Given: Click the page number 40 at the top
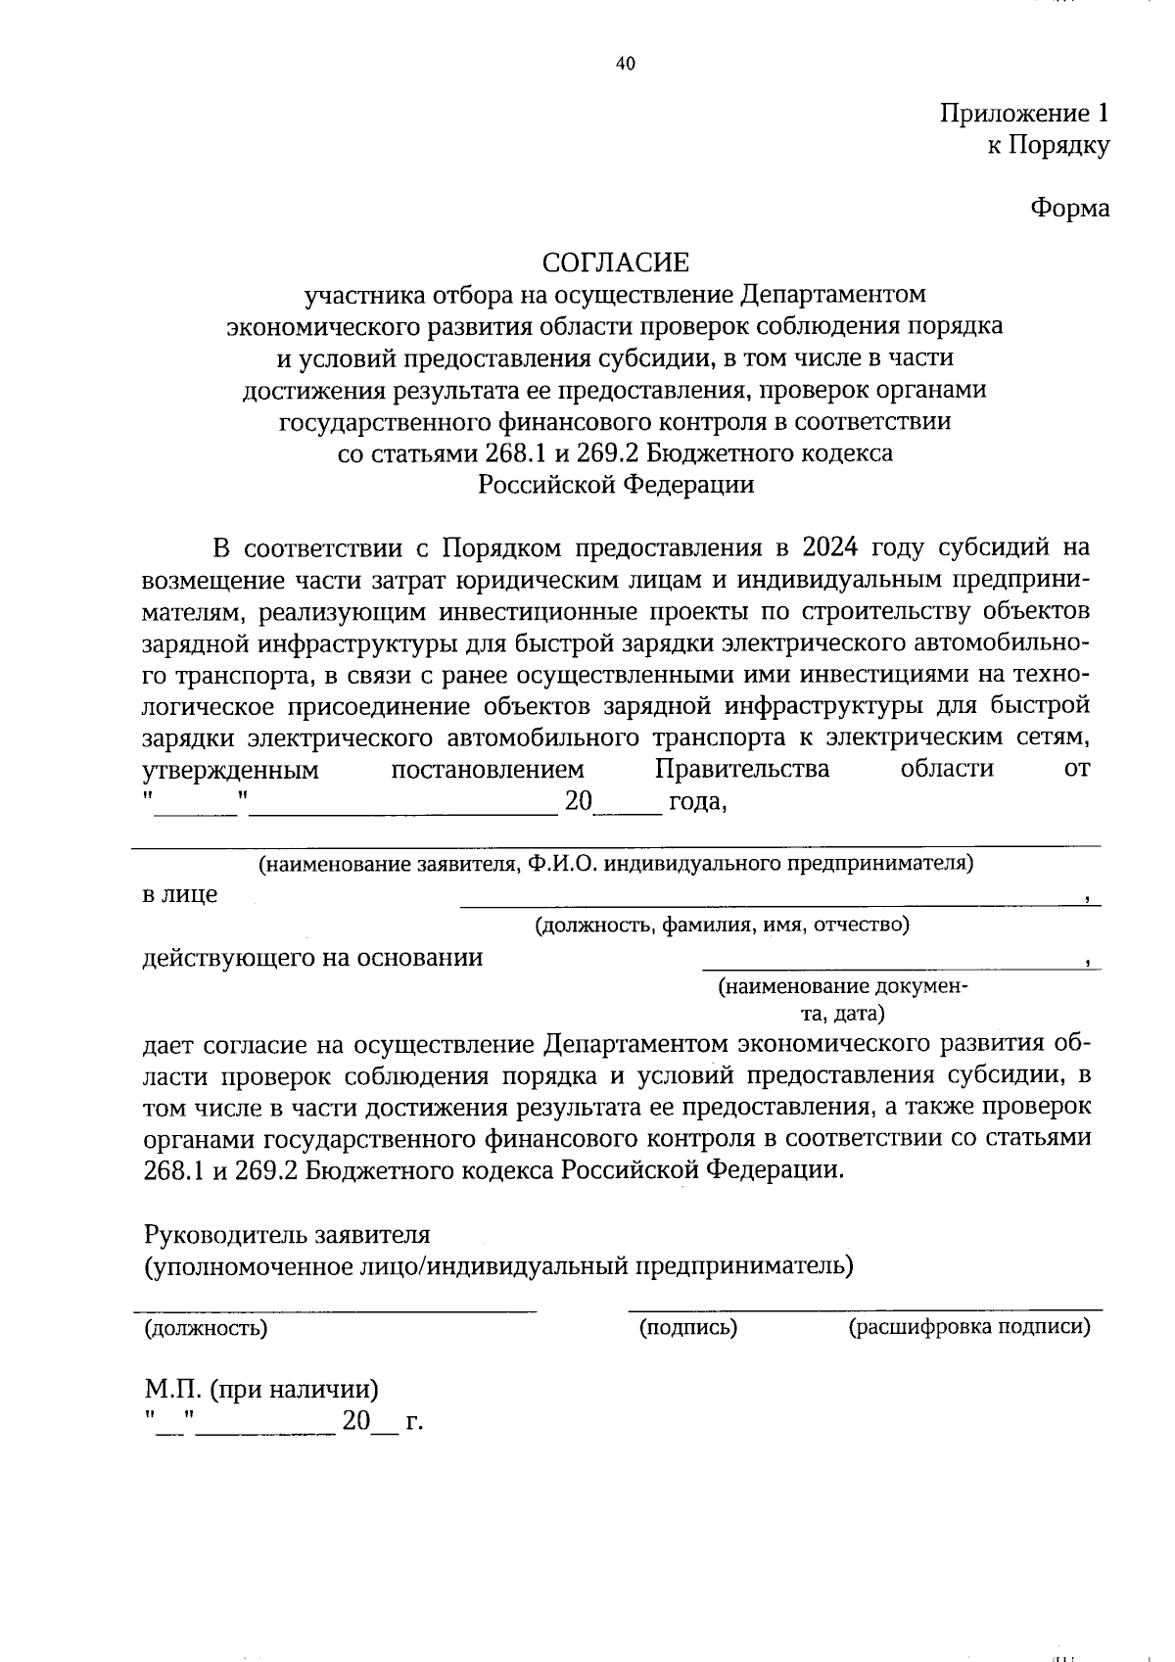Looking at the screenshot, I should tap(626, 64).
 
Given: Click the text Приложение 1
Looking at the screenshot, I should tap(1024, 114).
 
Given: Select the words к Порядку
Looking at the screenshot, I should tap(1047, 146).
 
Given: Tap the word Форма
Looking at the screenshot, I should tap(1069, 209).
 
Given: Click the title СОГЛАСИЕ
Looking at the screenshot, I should tap(616, 262).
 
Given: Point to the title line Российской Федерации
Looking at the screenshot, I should tap(616, 485).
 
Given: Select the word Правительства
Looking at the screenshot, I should tap(741, 769).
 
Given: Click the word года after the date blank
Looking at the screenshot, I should tap(696, 802).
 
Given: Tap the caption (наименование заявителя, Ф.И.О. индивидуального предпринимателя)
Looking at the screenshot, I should tap(615, 864).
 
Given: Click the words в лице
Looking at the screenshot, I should tap(180, 894).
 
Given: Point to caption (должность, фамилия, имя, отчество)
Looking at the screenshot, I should tap(722, 925).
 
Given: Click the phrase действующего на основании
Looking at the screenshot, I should tap(312, 957).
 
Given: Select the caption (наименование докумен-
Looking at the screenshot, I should tap(843, 987).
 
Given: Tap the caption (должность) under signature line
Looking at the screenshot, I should tap(206, 1329).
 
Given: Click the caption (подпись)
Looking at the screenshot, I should tap(687, 1328).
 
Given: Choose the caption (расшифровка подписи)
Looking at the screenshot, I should tap(968, 1328).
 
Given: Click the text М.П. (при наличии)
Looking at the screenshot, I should tap(261, 1389).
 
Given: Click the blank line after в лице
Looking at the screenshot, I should tap(774, 901).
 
